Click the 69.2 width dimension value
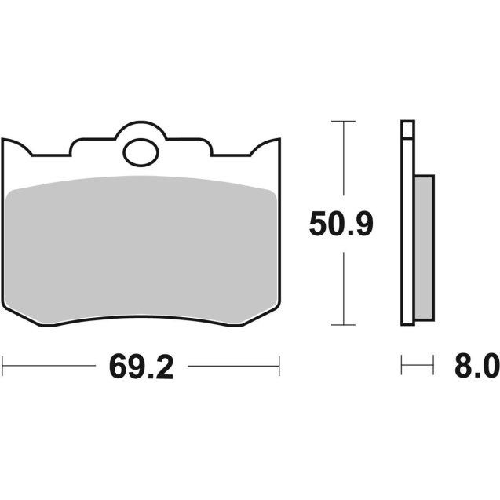141,367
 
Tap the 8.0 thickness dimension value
474,367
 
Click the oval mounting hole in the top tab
141,151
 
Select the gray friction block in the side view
423,246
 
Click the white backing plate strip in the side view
407,235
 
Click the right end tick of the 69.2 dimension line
279,365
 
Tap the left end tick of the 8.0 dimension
402,365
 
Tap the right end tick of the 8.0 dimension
433,365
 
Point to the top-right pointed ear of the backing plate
277,142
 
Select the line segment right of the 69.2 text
234,365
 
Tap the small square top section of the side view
407,130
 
